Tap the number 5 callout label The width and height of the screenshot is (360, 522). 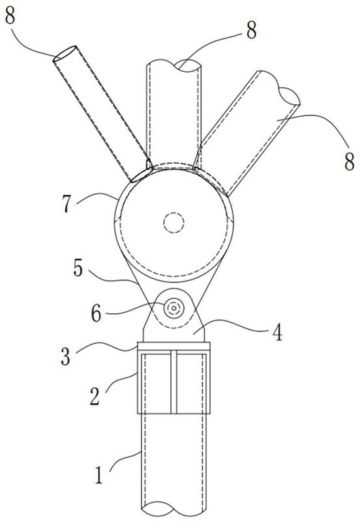pyautogui.click(x=78, y=268)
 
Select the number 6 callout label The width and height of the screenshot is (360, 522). pyautogui.click(x=96, y=313)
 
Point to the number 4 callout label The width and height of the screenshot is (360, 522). pyautogui.click(x=277, y=332)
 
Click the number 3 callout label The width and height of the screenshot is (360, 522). pyautogui.click(x=66, y=356)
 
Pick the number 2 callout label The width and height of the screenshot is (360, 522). pyautogui.click(x=95, y=396)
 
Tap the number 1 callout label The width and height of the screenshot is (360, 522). pyautogui.click(x=99, y=475)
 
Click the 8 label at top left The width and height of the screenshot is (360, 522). pyautogui.click(x=10, y=14)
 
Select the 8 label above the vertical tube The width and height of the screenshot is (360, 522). pyautogui.click(x=251, y=30)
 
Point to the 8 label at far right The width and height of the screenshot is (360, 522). pyautogui.click(x=349, y=162)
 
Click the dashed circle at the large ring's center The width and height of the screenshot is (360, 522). pyautogui.click(x=173, y=223)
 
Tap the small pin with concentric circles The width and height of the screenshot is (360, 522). pyautogui.click(x=173, y=309)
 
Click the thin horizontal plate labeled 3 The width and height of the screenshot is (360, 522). pyautogui.click(x=173, y=346)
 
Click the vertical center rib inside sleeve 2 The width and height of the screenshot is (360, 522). pyautogui.click(x=173, y=382)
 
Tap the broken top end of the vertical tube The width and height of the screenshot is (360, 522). pyautogui.click(x=173, y=65)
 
